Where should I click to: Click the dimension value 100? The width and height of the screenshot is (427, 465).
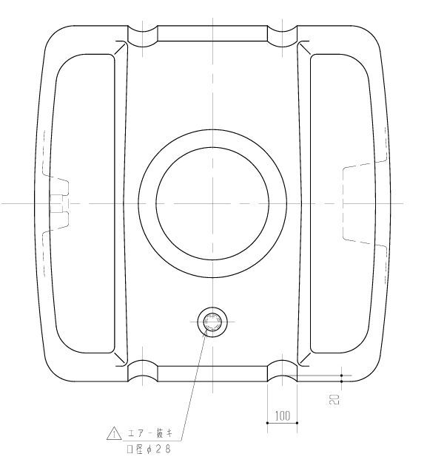[x=283, y=416]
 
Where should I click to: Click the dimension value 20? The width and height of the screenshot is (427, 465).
[x=334, y=399]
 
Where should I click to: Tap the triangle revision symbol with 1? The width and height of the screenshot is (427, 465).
[x=114, y=433]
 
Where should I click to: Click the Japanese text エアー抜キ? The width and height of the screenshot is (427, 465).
[x=150, y=434]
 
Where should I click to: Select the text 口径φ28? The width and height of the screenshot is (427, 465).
[x=149, y=449]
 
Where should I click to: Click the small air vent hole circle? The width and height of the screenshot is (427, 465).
[x=212, y=322]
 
